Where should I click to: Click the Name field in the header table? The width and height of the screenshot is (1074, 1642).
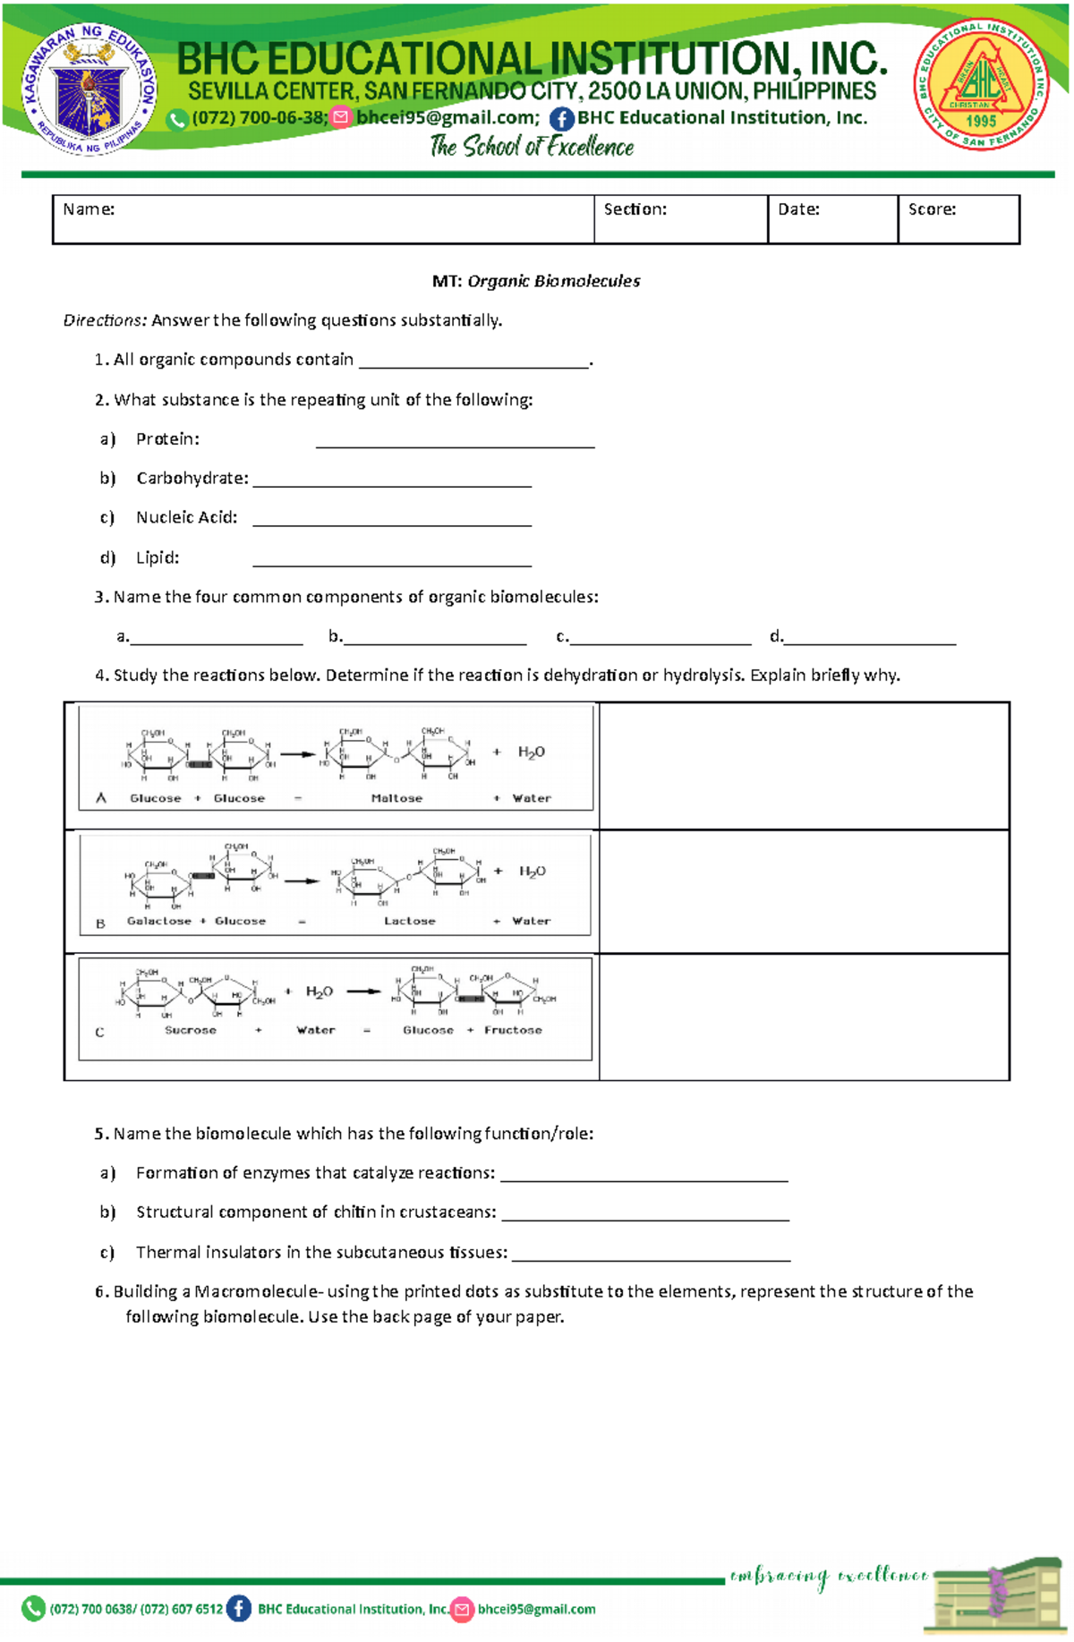(x=322, y=219)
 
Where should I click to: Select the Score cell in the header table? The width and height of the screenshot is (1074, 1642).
(x=958, y=219)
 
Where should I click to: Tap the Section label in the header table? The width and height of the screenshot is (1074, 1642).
(x=635, y=209)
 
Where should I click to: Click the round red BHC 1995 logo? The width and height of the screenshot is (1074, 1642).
(x=981, y=84)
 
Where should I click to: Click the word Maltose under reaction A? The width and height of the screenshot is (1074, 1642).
(x=396, y=798)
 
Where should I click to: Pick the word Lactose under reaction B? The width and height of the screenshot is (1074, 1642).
(x=409, y=921)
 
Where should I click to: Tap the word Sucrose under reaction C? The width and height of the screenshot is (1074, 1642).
(x=190, y=1031)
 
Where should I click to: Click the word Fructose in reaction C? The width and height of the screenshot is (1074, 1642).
(x=513, y=1031)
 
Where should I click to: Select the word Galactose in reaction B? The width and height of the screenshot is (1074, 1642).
(x=158, y=921)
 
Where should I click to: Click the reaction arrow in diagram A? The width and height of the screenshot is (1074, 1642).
(x=298, y=754)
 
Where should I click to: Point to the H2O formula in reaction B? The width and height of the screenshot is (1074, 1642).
(x=533, y=872)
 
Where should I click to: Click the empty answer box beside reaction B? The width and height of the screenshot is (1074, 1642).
(x=804, y=891)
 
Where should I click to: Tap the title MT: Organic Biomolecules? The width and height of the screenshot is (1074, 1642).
(x=536, y=281)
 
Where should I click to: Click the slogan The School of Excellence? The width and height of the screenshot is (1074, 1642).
(x=532, y=147)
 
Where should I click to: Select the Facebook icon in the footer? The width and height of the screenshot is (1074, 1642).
(x=239, y=1609)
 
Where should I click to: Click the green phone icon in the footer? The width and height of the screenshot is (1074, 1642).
(x=33, y=1609)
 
